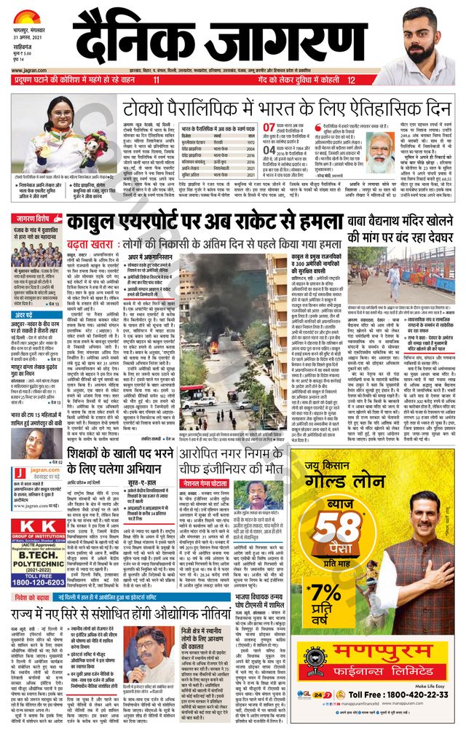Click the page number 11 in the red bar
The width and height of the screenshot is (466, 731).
coord(155,79)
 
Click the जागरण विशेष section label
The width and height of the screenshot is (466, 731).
coord(33,217)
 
